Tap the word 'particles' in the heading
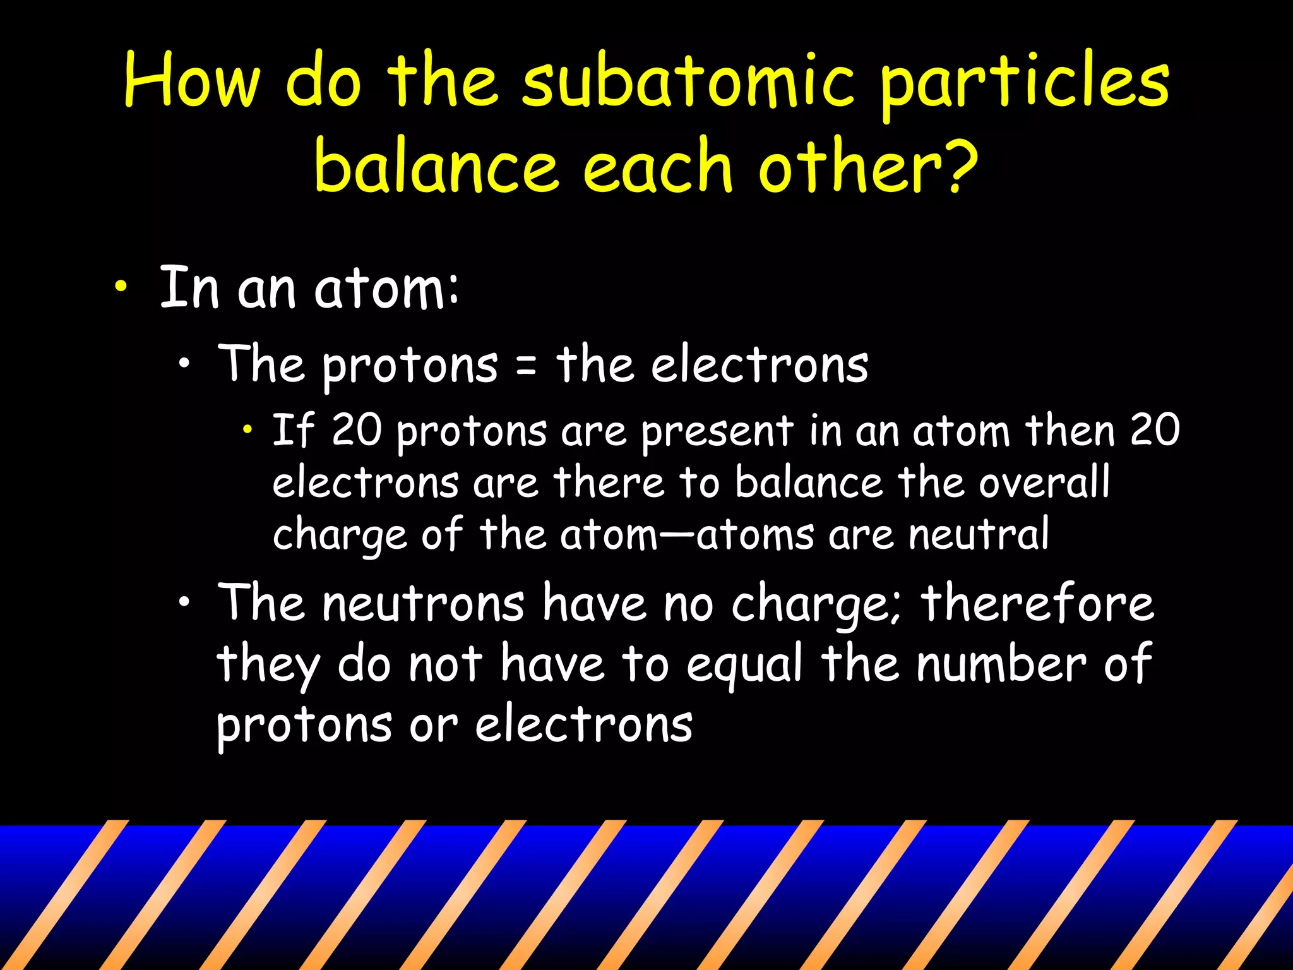pos(1024,85)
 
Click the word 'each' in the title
pos(657,165)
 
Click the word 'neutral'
pos(979,534)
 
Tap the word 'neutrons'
pos(423,604)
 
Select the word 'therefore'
pos(1037,604)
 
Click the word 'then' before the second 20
pos(1070,431)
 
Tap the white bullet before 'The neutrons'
pos(184,602)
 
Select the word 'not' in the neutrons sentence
pos(445,664)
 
